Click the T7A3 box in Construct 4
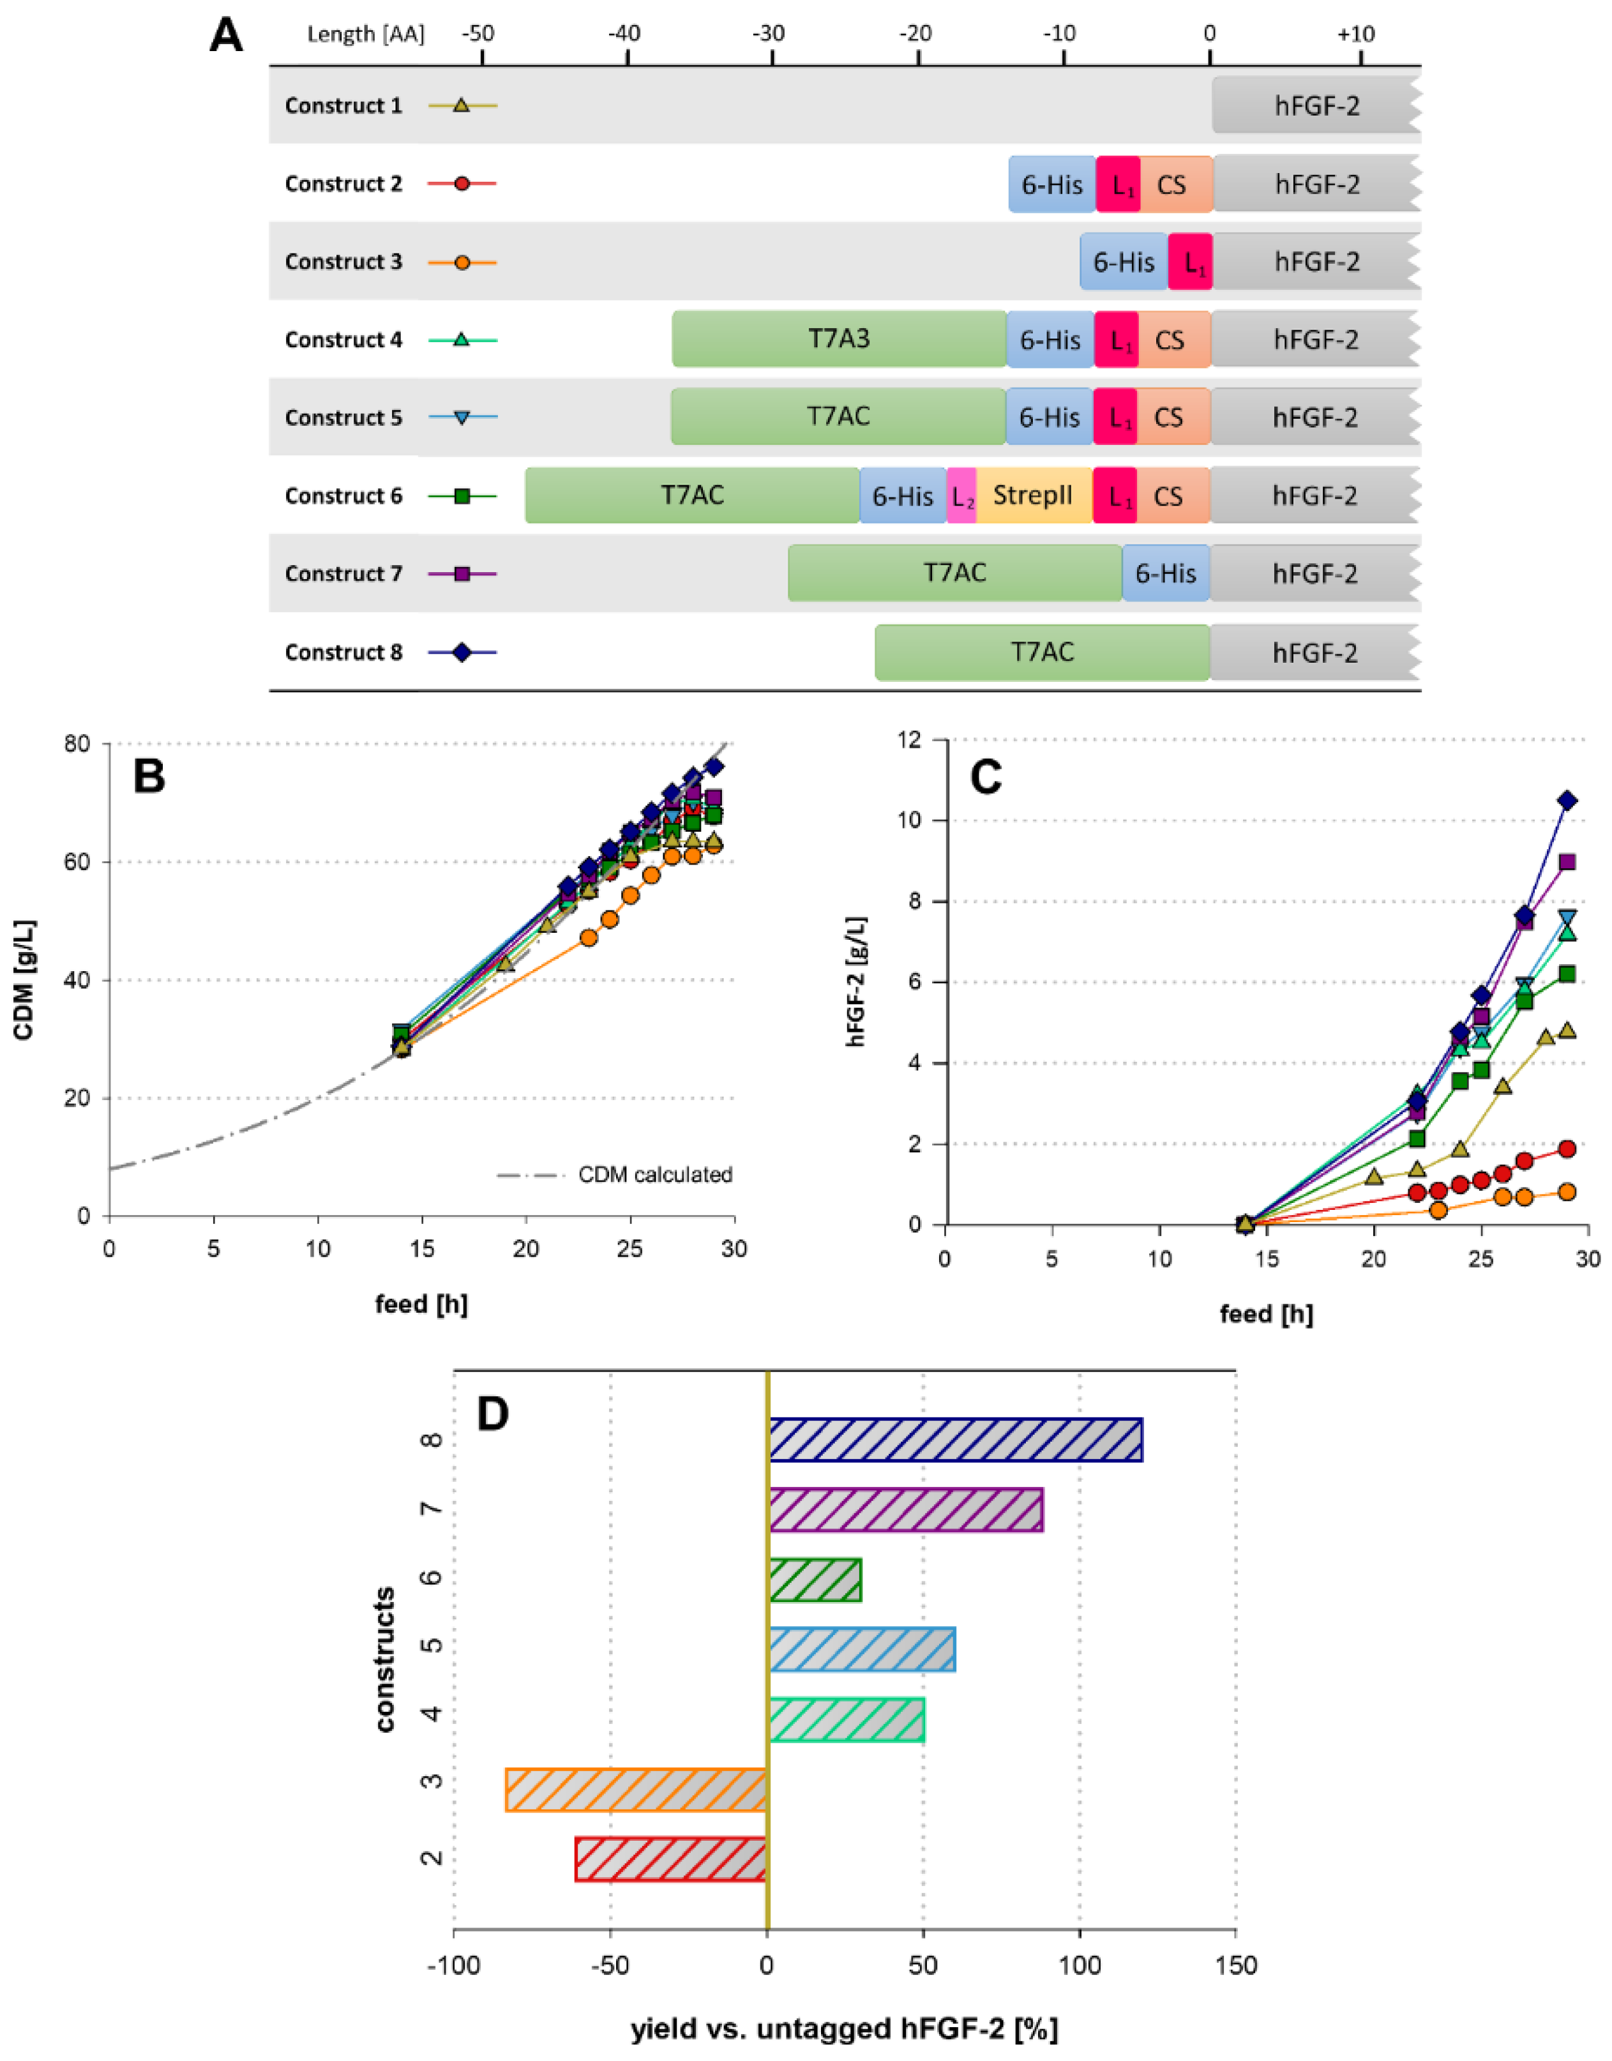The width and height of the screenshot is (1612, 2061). pyautogui.click(x=839, y=339)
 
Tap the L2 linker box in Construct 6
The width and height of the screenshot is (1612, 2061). pyautogui.click(x=961, y=496)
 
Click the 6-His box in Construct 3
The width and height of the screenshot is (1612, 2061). pyautogui.click(x=1123, y=261)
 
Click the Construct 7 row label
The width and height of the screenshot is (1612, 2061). pyautogui.click(x=343, y=574)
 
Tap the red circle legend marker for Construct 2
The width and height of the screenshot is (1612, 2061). pyautogui.click(x=462, y=183)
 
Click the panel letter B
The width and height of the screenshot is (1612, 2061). pyautogui.click(x=149, y=776)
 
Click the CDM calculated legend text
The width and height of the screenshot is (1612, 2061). pyautogui.click(x=655, y=1175)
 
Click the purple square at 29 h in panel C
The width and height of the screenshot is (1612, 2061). pyautogui.click(x=1567, y=861)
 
